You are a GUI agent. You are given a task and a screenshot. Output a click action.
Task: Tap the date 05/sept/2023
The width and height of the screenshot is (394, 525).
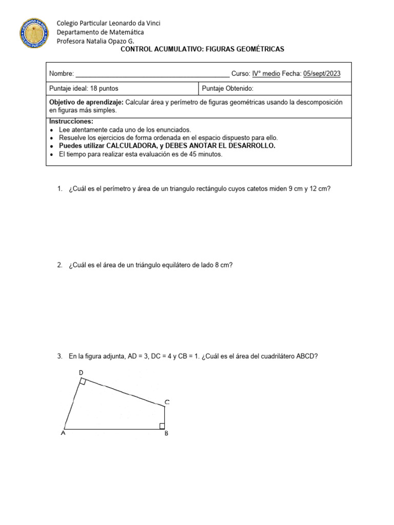tap(322, 74)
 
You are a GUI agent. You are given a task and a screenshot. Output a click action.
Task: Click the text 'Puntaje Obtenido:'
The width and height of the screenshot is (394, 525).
tap(228, 88)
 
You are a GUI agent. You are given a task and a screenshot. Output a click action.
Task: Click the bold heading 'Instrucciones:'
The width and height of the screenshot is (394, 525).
tap(71, 122)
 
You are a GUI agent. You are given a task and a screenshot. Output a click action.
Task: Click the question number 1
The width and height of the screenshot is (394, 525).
tap(60, 189)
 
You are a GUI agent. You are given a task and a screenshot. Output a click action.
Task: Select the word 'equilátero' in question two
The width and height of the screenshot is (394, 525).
tap(178, 265)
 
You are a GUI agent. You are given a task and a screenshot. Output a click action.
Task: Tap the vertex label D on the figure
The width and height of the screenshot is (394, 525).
tap(81, 372)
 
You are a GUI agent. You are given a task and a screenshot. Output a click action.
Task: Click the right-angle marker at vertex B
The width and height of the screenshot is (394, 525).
tap(162, 426)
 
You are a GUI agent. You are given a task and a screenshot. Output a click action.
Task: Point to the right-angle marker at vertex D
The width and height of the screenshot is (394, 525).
tap(83, 382)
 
